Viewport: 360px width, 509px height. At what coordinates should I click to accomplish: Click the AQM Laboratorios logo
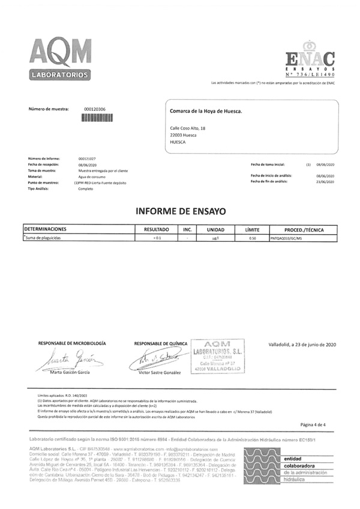click(x=61, y=58)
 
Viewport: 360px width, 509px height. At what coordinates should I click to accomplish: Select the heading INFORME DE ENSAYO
click(x=180, y=211)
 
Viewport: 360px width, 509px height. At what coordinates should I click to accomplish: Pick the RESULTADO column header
click(x=157, y=229)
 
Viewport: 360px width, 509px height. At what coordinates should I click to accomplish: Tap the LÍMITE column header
click(x=252, y=229)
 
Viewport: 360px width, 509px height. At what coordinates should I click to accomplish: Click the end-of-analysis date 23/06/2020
click(x=325, y=181)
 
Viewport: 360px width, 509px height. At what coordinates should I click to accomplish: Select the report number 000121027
click(x=87, y=158)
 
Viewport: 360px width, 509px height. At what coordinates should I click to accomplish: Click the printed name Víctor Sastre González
click(x=159, y=373)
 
